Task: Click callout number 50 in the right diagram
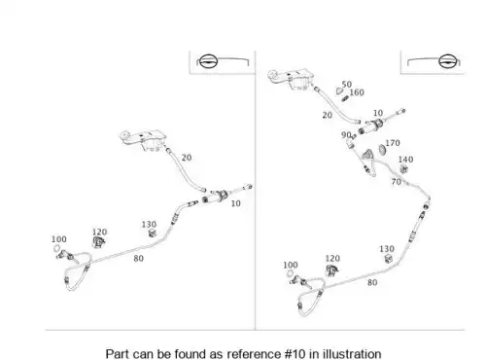coord(347,85)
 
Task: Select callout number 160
coord(357,92)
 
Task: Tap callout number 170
coord(393,143)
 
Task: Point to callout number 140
coord(405,160)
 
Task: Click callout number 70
coord(397,182)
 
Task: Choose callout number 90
coord(346,135)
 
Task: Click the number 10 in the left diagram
coord(235,203)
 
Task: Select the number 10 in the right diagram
coord(378,113)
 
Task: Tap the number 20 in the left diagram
coord(187,158)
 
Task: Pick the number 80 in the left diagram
coord(138,259)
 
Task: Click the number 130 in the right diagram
coord(387,249)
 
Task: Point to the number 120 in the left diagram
coord(99,233)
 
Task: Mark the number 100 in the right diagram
coord(291,266)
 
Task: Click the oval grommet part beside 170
coord(382,149)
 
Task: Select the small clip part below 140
coord(403,169)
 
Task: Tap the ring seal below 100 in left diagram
coord(56,249)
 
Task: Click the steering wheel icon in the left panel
coord(207,61)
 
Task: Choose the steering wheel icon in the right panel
coord(448,61)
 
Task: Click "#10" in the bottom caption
coord(295,353)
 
